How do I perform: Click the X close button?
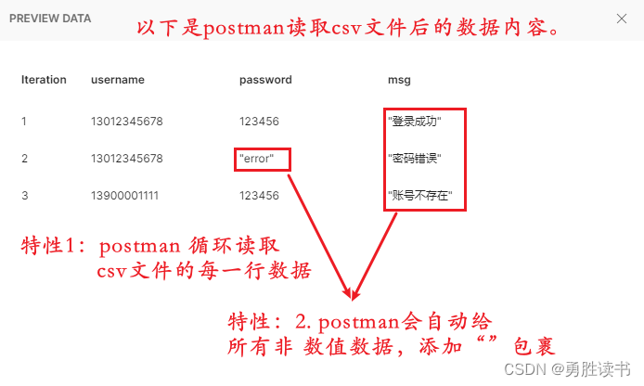(x=622, y=18)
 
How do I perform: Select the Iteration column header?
(x=44, y=80)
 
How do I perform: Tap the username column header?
(x=118, y=80)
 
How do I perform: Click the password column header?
(x=265, y=80)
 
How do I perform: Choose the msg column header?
(x=399, y=80)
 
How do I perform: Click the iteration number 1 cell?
(x=24, y=122)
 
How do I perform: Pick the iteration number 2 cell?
(x=25, y=159)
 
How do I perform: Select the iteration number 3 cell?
(x=25, y=196)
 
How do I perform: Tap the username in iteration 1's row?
(x=127, y=122)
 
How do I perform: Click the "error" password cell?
(x=256, y=159)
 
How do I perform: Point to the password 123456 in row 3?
(x=259, y=196)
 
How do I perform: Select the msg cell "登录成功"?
(x=414, y=122)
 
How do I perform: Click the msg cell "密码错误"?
(x=414, y=159)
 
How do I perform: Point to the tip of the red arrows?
(x=353, y=298)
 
